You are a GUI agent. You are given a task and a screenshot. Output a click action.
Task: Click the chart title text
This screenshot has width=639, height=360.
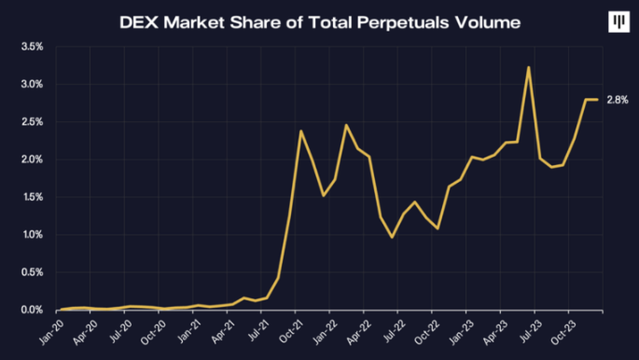point(319,21)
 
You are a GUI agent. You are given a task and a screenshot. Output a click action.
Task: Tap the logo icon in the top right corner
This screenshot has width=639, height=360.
point(617,22)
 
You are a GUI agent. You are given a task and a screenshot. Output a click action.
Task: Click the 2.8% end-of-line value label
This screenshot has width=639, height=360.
point(618,100)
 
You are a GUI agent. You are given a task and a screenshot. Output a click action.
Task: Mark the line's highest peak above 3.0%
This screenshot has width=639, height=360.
point(529,67)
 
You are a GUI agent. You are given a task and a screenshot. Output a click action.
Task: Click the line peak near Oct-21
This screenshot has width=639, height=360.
point(300,131)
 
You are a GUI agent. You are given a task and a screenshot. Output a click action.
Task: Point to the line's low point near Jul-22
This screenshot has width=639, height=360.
point(392,238)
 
